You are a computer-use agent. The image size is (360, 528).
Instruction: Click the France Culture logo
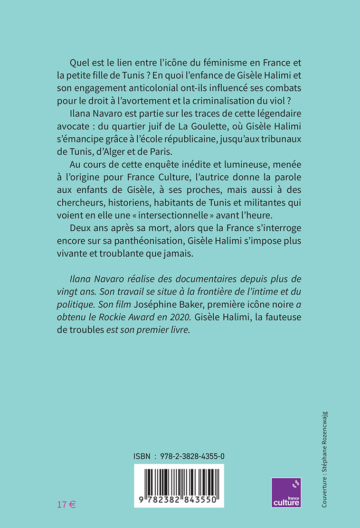click(x=287, y=493)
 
